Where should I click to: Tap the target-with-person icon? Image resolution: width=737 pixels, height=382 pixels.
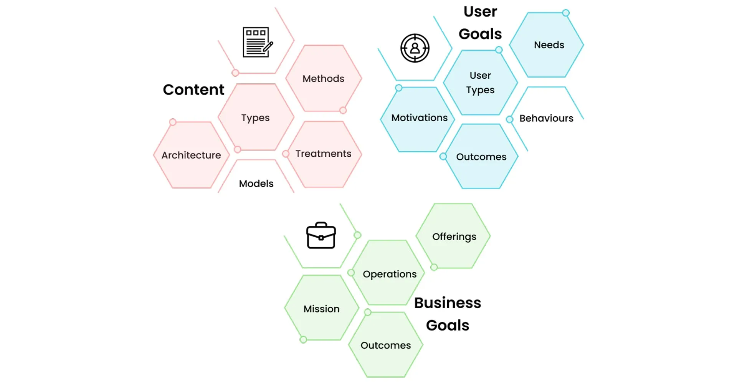tap(415, 48)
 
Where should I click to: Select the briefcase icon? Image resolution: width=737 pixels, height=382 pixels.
tap(321, 235)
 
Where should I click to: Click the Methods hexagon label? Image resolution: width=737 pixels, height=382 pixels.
tap(323, 79)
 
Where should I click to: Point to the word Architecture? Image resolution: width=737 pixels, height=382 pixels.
tap(191, 155)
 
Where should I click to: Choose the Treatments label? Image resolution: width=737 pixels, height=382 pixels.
tap(323, 154)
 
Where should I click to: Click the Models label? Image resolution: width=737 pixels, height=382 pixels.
tap(256, 184)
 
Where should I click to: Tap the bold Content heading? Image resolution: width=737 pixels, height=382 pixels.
tap(193, 89)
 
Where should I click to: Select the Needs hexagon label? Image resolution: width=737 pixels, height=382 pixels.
tap(549, 45)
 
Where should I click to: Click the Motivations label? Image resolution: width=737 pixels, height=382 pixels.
tap(419, 118)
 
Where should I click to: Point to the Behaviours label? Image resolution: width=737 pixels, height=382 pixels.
tap(546, 118)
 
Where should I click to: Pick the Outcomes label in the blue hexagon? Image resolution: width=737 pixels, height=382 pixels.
tap(481, 157)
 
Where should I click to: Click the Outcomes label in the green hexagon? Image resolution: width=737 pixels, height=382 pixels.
tap(385, 345)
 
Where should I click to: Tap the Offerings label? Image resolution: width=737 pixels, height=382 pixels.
tap(454, 236)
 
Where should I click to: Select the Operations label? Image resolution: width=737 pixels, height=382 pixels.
tap(390, 274)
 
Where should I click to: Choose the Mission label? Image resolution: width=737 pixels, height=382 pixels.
tap(321, 309)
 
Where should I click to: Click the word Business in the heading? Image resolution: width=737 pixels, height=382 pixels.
tap(448, 303)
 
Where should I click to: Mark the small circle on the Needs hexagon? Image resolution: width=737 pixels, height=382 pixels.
tap(565, 13)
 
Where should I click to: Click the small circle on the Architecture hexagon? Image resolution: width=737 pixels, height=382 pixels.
tap(173, 122)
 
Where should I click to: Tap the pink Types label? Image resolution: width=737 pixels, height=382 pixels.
tap(255, 118)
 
